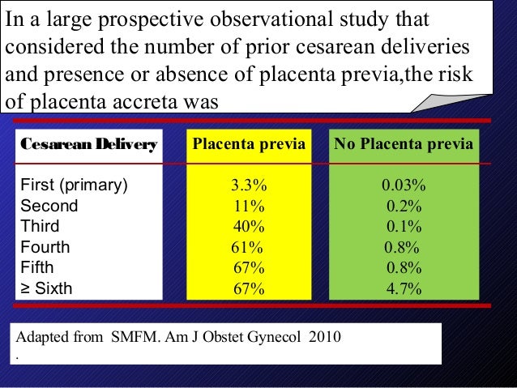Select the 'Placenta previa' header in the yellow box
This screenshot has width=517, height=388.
tap(249, 146)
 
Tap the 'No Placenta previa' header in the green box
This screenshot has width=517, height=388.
tap(404, 146)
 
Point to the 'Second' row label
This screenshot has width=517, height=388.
tap(49, 206)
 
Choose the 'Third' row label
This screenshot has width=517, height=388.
tap(41, 226)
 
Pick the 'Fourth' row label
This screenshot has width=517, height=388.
tap(45, 247)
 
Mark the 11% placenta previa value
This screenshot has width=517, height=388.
tap(247, 206)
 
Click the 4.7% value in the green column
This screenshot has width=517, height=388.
tap(403, 288)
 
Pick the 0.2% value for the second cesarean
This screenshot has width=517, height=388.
tap(403, 206)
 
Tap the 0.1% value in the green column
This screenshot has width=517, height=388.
tap(403, 226)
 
